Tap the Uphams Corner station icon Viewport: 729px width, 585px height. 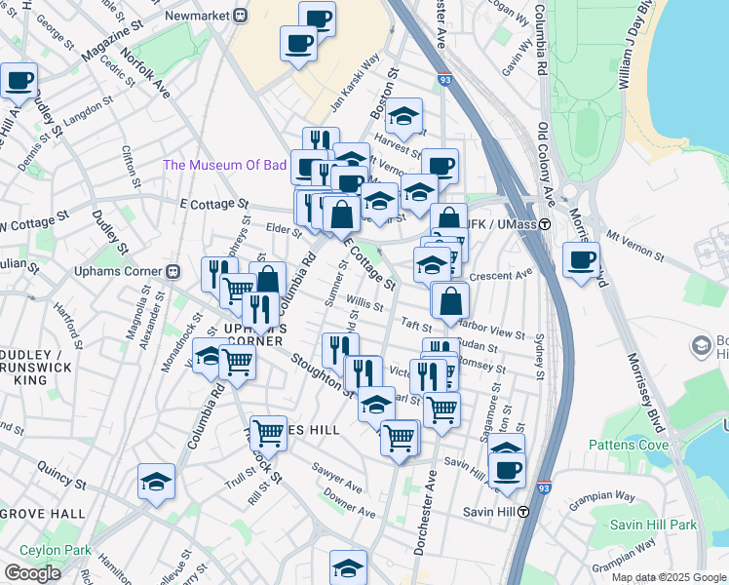[173, 270]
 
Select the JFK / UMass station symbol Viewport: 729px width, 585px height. [546, 224]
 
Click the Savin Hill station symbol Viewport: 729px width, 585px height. [522, 511]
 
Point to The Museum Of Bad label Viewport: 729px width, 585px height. [224, 165]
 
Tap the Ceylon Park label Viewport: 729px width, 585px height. [48, 551]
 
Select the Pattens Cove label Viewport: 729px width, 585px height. [629, 445]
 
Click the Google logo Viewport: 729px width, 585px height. [32, 573]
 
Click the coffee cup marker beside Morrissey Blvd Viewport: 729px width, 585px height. [582, 260]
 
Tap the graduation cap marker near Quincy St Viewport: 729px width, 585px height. [156, 482]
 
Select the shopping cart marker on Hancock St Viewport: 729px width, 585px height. [268, 432]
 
